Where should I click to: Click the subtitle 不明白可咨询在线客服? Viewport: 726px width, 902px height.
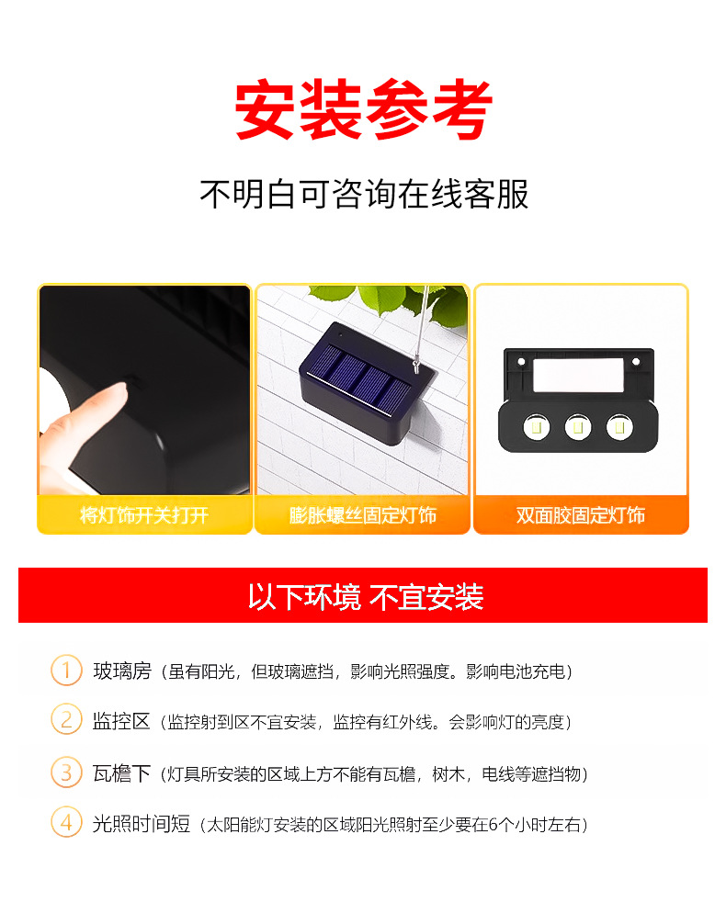364,194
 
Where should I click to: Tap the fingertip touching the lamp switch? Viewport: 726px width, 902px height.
110,395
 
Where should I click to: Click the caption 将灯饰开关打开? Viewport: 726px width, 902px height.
144,515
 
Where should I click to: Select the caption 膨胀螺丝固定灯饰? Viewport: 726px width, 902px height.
363,515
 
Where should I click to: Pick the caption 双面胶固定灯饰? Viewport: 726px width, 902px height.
581,515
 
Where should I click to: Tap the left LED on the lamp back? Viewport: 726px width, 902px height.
535,426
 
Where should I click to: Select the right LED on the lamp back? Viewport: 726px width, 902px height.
620,426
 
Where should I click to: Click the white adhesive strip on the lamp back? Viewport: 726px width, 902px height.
581,374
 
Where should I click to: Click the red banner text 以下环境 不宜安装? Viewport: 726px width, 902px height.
365,597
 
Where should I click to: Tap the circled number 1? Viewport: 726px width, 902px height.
66,671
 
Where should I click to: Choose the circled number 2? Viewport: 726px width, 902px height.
66,720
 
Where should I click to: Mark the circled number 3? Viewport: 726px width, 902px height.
66,772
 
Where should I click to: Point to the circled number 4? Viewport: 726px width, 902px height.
66,823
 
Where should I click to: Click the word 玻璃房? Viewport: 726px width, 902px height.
121,671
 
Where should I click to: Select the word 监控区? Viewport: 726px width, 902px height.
121,721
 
